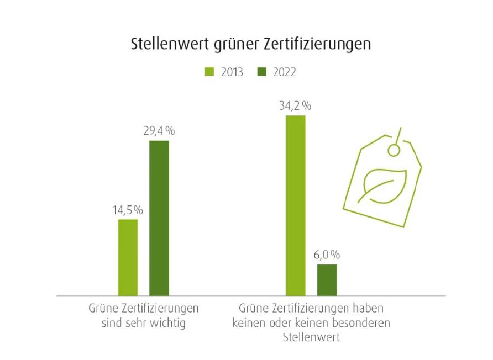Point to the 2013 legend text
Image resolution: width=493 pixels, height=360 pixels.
(x=231, y=72)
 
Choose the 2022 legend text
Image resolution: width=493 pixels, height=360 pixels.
(x=284, y=72)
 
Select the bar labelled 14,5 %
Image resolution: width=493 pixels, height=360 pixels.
(x=128, y=257)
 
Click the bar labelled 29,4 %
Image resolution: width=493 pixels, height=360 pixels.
(x=159, y=218)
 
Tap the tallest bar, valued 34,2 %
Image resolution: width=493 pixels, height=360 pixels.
(x=295, y=205)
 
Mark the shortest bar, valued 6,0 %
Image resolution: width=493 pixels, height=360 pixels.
(x=327, y=280)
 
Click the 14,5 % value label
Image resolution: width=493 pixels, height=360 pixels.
(x=128, y=210)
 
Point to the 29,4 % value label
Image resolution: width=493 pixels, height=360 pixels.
(x=159, y=131)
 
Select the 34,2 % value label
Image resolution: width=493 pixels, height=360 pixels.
(x=295, y=105)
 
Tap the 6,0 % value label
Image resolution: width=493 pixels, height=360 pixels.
(x=327, y=255)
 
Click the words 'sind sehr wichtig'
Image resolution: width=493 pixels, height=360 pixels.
(x=144, y=323)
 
